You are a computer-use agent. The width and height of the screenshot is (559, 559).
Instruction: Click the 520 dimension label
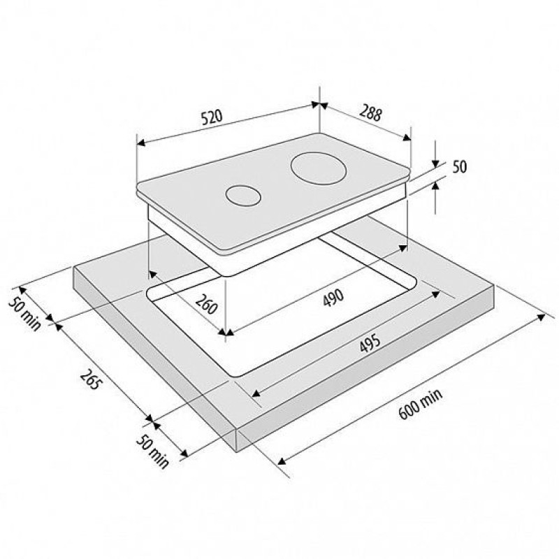tap(212, 117)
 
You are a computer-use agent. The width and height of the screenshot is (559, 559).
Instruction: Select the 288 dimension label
tap(371, 112)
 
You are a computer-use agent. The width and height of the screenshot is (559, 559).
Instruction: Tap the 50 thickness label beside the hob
tap(460, 167)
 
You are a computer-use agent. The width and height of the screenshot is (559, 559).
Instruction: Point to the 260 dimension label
tap(206, 304)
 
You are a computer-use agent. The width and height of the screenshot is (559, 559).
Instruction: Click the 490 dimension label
tap(333, 298)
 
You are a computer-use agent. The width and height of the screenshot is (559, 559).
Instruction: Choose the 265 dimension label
tap(92, 379)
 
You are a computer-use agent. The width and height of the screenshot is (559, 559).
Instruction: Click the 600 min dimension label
tap(421, 404)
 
